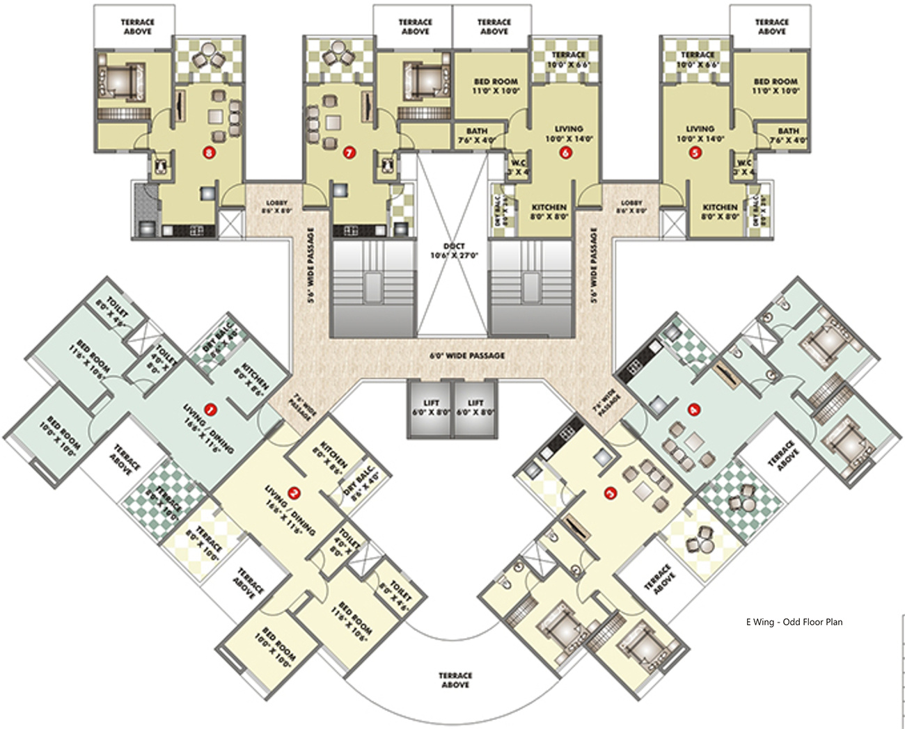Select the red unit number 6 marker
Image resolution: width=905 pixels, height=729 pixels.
566,152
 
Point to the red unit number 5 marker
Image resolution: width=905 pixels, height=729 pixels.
694,152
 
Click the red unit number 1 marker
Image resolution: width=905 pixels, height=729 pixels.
209,408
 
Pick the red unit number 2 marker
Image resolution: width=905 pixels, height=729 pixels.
294,494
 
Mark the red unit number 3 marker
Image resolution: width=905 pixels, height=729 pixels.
611,494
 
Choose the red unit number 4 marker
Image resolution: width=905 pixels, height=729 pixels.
693,410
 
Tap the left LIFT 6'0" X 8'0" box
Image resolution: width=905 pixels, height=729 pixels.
430,408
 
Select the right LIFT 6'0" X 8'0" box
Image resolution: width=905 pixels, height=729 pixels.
475,408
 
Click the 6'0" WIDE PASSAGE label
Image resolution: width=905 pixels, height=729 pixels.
467,355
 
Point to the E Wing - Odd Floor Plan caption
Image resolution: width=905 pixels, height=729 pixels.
794,622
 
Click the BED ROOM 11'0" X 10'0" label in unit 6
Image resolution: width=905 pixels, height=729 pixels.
496,86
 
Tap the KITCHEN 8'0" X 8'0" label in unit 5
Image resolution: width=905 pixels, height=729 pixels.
720,211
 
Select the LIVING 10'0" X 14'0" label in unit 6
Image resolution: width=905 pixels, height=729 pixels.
569,134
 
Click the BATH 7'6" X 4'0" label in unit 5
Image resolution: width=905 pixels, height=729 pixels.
788,135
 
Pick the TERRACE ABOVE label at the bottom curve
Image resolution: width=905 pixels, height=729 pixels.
455,680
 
